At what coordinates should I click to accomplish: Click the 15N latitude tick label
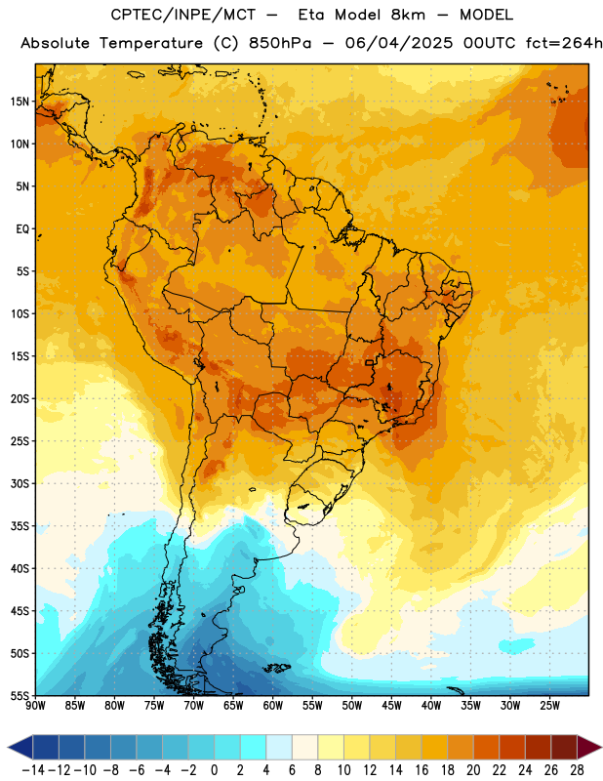pyautogui.click(x=20, y=102)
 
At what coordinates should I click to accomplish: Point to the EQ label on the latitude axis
pyautogui.click(x=22, y=229)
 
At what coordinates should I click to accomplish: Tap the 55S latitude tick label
pyautogui.click(x=20, y=695)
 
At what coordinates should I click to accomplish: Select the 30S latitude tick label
pyautogui.click(x=20, y=483)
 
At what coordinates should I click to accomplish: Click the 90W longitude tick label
pyautogui.click(x=35, y=705)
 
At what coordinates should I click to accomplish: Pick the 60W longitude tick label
pyautogui.click(x=273, y=705)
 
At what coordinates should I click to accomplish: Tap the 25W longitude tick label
pyautogui.click(x=549, y=705)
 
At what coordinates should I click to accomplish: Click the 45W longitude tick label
pyautogui.click(x=391, y=705)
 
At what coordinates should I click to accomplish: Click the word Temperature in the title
pyautogui.click(x=151, y=43)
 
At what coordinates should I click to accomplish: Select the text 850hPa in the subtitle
pyautogui.click(x=280, y=43)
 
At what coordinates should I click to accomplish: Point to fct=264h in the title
pyautogui.click(x=564, y=43)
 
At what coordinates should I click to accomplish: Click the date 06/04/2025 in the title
pyautogui.click(x=399, y=43)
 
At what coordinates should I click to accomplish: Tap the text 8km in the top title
pyautogui.click(x=408, y=15)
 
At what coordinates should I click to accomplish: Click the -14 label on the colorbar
pyautogui.click(x=33, y=770)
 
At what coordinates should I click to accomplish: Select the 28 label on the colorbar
pyautogui.click(x=577, y=770)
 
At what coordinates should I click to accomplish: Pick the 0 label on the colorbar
pyautogui.click(x=214, y=770)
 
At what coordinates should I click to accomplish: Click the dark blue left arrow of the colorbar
pyautogui.click(x=20, y=747)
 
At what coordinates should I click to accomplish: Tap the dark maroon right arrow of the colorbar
pyautogui.click(x=589, y=747)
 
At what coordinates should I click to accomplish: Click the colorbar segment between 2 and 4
pyautogui.click(x=253, y=747)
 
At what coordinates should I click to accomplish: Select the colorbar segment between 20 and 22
pyautogui.click(x=487, y=747)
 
